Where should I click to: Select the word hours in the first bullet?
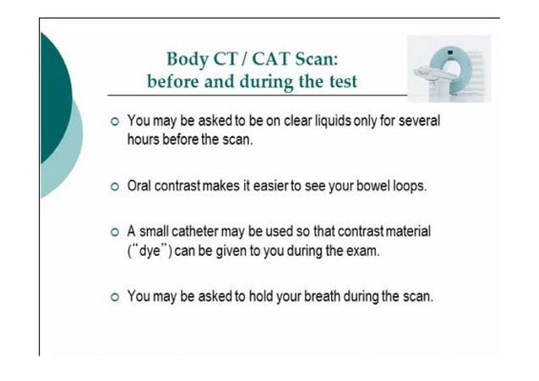click(x=144, y=139)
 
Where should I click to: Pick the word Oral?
click(x=141, y=186)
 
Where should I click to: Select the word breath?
click(x=319, y=297)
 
